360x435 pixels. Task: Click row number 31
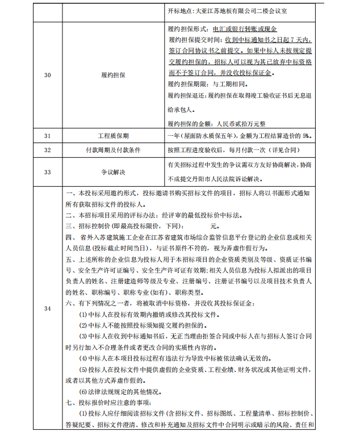pyautogui.click(x=47, y=136)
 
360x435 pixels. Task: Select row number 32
pyautogui.click(x=47, y=150)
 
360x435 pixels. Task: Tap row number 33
pyautogui.click(x=47, y=170)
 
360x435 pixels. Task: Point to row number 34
pyautogui.click(x=47, y=308)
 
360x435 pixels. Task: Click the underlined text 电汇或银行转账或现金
pyautogui.click(x=244, y=29)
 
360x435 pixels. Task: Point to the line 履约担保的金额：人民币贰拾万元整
pyautogui.click(x=221, y=122)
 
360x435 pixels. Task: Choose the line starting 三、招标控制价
pyautogui.click(x=136, y=225)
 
